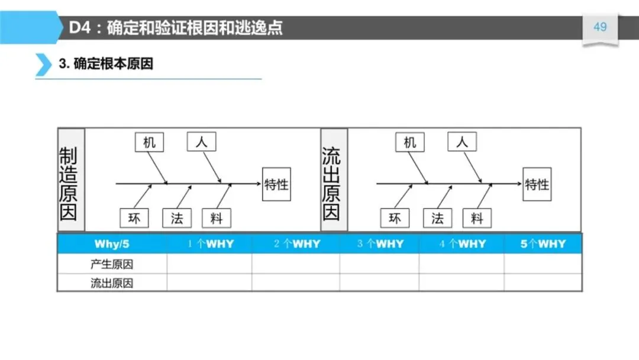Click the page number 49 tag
pos(600,27)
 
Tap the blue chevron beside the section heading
pos(43,64)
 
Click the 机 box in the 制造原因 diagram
pos(150,142)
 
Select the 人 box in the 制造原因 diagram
pos(201,142)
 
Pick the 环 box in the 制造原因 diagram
pos(134,218)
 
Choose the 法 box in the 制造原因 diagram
pos(177,218)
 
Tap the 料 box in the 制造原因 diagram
pos(216,218)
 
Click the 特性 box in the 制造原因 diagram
pos(276,184)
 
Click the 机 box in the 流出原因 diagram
pos(410,142)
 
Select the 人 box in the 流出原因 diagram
pos(462,142)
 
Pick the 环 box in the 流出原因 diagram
pos(395,218)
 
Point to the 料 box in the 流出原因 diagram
pos(477,218)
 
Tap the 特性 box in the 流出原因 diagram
pos(537,184)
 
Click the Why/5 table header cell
pos(112,244)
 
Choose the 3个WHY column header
pos(380,244)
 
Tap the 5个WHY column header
pos(543,244)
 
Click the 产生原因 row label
pos(112,265)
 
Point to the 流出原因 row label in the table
pos(112,283)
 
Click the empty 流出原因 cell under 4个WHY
pos(461,283)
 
